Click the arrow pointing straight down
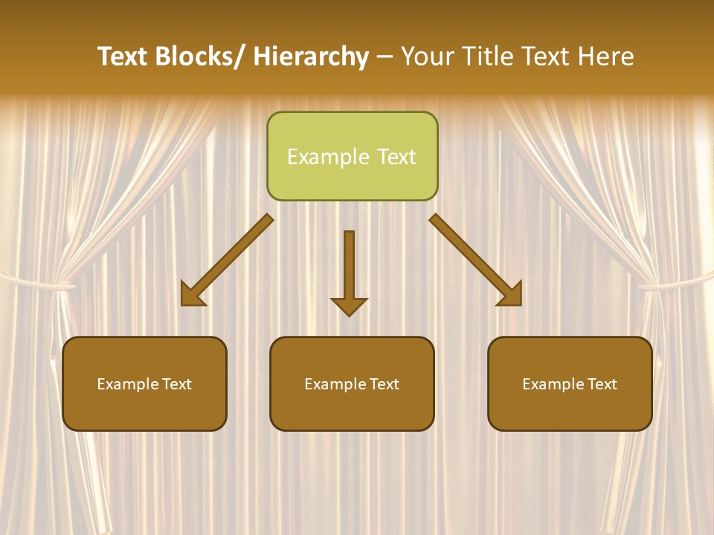coord(349,272)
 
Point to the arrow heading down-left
coord(227,260)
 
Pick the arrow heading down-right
coord(476,260)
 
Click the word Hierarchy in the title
coord(311,56)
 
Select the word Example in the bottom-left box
coord(127,384)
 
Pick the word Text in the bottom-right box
coord(602,384)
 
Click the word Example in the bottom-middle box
coord(335,384)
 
